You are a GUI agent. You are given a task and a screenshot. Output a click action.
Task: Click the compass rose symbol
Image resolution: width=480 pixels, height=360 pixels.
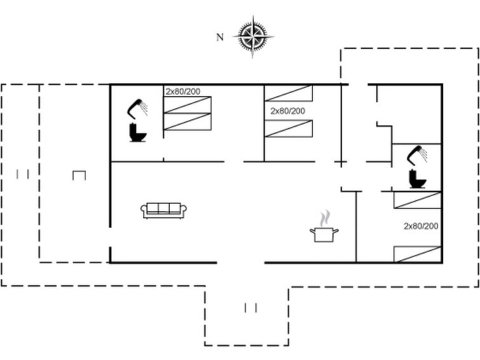253,37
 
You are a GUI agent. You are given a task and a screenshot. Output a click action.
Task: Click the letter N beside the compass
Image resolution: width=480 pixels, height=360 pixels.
220,38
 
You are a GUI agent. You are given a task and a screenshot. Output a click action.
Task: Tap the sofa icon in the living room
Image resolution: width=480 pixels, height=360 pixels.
163,211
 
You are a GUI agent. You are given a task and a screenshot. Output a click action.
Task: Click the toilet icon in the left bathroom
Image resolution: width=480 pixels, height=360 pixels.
137,132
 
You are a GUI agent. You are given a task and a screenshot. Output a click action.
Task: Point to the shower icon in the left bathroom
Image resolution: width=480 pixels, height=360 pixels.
137,109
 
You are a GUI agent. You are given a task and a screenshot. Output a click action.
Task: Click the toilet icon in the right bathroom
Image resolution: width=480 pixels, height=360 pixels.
417,179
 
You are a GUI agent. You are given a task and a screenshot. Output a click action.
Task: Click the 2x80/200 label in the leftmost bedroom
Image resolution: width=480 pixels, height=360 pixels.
183,92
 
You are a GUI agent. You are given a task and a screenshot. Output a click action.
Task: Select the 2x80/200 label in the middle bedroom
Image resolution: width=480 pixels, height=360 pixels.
288,111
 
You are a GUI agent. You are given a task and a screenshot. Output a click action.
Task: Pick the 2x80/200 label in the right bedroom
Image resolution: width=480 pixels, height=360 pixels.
421,226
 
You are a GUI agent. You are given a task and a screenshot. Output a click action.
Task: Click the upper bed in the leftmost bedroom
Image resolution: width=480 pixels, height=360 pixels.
188,105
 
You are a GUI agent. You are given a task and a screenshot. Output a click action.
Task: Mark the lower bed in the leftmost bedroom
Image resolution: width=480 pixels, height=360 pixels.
188,121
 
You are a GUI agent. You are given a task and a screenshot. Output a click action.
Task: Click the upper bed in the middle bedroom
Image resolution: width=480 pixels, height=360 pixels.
289,93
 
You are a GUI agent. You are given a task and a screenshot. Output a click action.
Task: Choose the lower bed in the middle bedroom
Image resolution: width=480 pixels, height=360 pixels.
289,128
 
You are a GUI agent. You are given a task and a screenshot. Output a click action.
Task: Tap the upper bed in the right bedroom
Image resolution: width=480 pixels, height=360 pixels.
417,200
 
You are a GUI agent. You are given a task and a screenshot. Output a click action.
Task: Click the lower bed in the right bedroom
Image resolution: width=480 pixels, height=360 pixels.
417,254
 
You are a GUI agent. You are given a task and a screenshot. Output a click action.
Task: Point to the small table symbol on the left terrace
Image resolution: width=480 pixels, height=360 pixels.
79,176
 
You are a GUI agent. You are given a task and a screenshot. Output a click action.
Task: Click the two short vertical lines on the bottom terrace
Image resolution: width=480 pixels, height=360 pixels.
250,308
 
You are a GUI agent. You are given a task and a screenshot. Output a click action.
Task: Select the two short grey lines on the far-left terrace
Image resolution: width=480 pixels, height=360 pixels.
22,174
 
